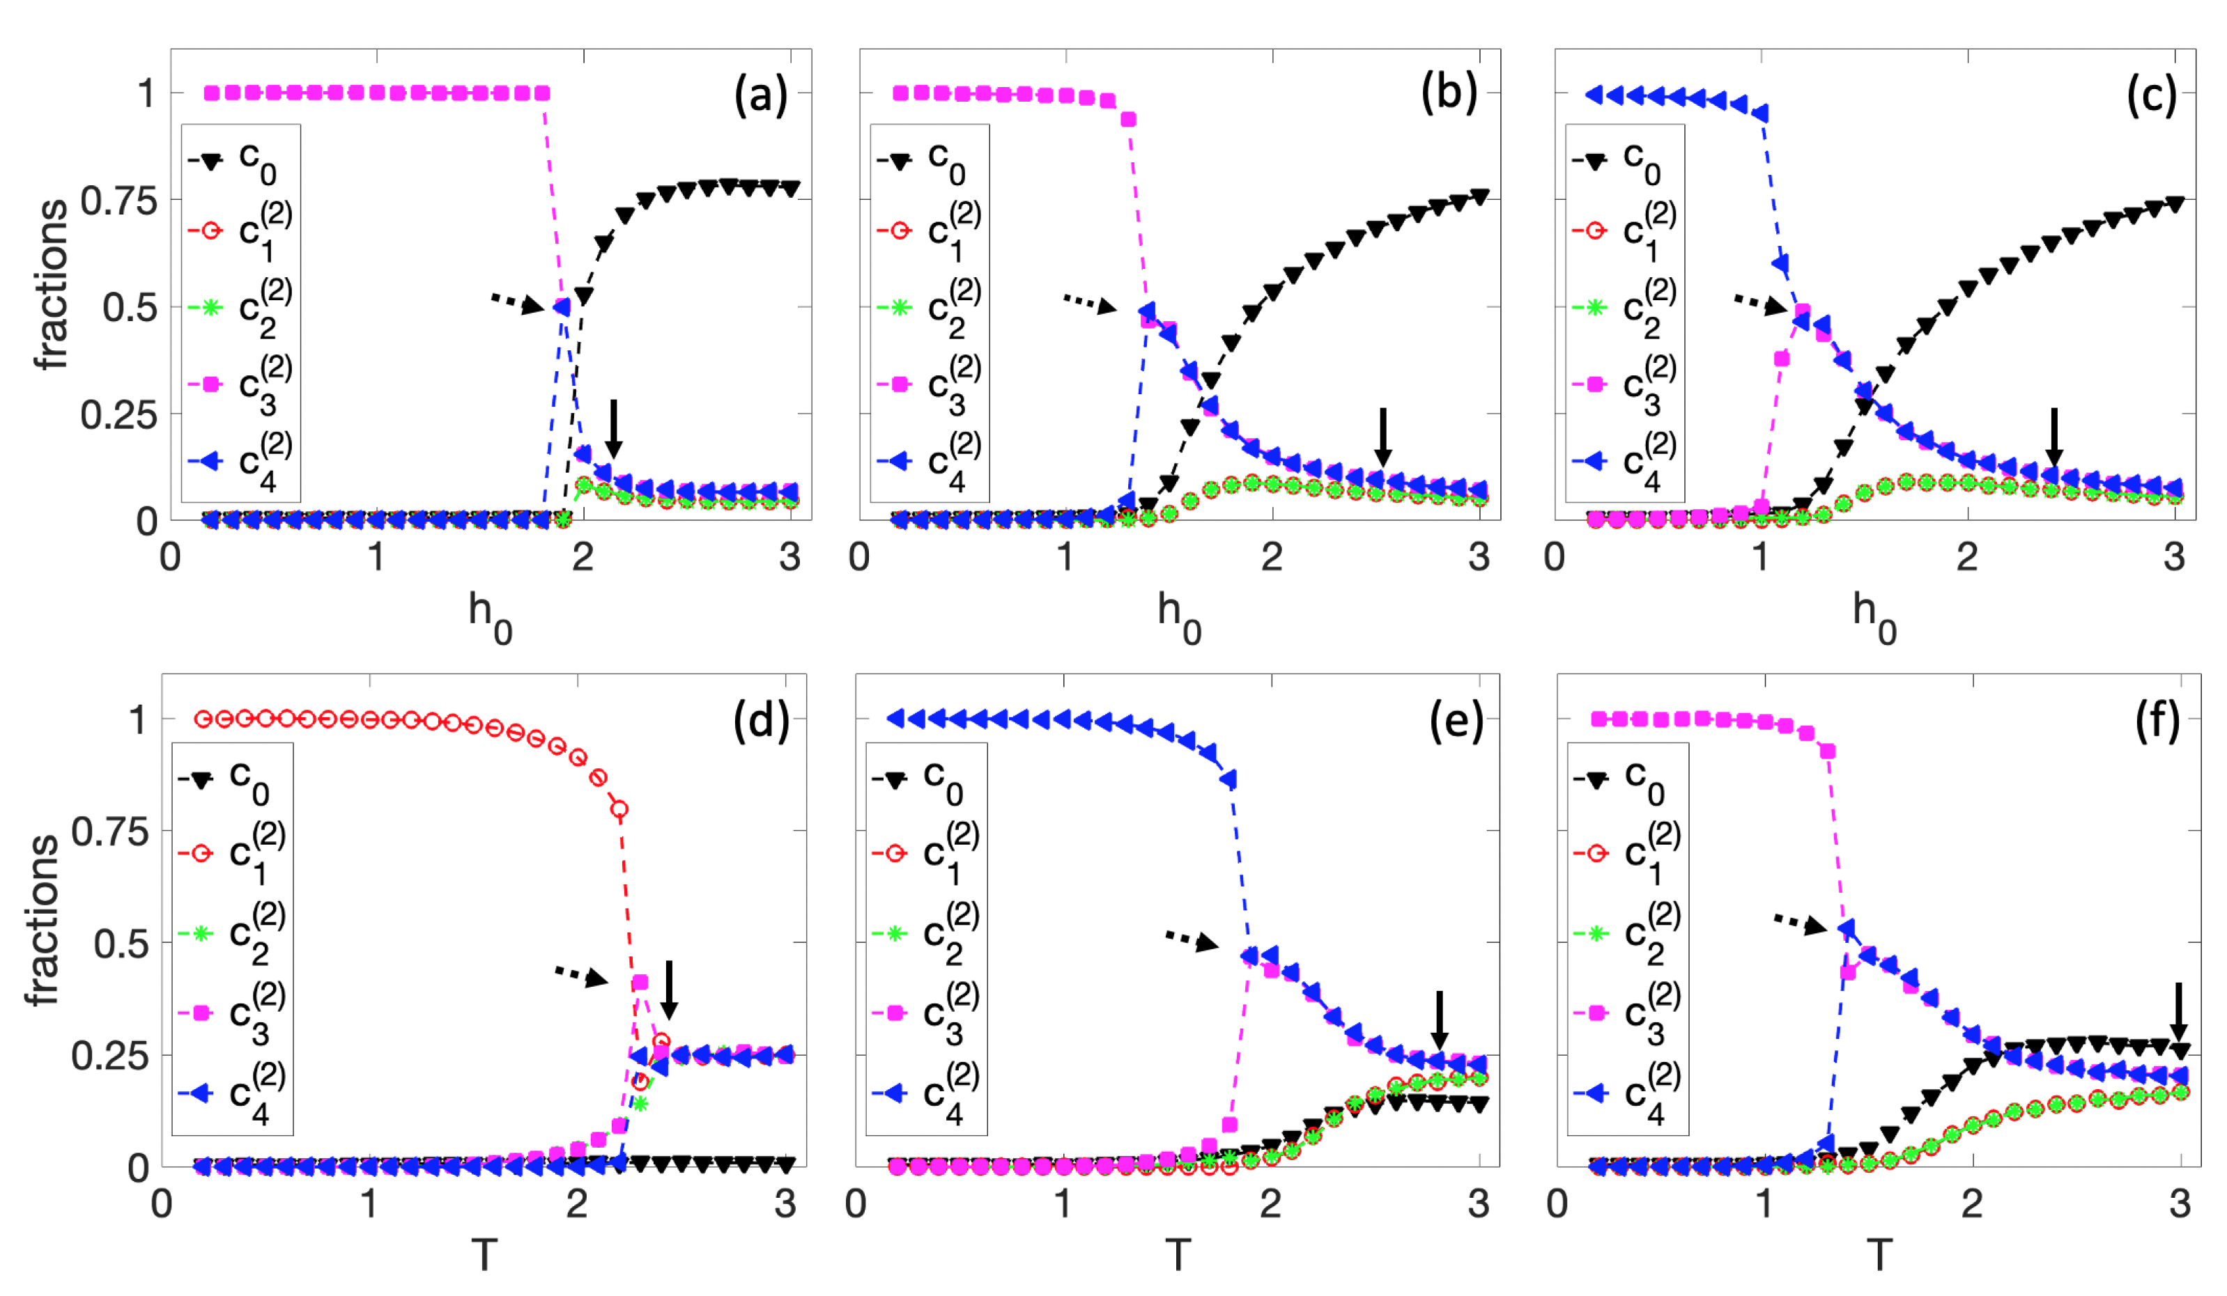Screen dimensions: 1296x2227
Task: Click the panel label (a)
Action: [x=760, y=95]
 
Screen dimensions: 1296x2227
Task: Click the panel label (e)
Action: [x=1456, y=721]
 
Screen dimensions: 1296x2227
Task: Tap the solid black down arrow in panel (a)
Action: [x=613, y=428]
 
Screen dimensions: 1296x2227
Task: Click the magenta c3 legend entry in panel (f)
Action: [x=1627, y=1013]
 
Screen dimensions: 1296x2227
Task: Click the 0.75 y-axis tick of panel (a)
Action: [x=118, y=201]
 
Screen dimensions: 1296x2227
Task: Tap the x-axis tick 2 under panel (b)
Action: [x=1272, y=557]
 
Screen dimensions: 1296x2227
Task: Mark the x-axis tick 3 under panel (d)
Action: [x=785, y=1204]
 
